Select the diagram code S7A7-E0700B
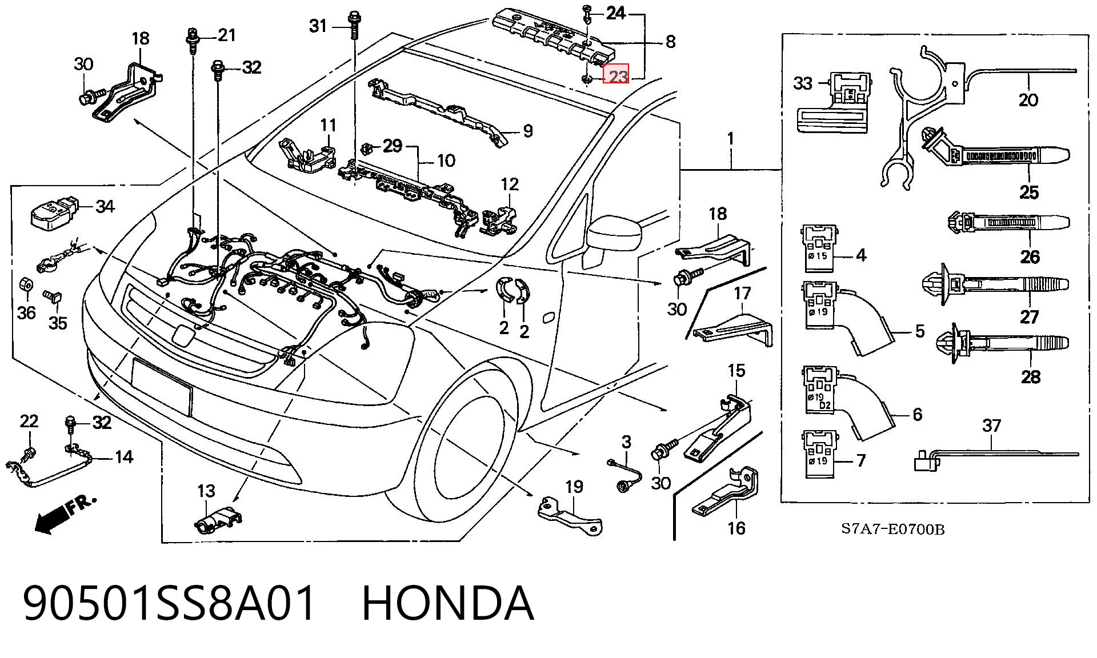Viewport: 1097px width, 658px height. [x=892, y=529]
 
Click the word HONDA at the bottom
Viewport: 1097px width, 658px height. [x=449, y=603]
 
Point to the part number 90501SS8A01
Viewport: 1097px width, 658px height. [x=169, y=603]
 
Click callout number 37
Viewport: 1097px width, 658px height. [x=992, y=426]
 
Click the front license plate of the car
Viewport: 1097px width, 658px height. [x=162, y=386]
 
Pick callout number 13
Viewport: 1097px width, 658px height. [x=206, y=491]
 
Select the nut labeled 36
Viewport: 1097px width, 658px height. [x=26, y=283]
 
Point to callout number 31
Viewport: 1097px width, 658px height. [x=318, y=26]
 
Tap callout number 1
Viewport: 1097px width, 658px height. [x=730, y=139]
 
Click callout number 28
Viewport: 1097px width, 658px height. [x=1031, y=377]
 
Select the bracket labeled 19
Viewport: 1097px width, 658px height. [x=570, y=514]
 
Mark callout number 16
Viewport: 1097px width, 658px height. [x=736, y=528]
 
